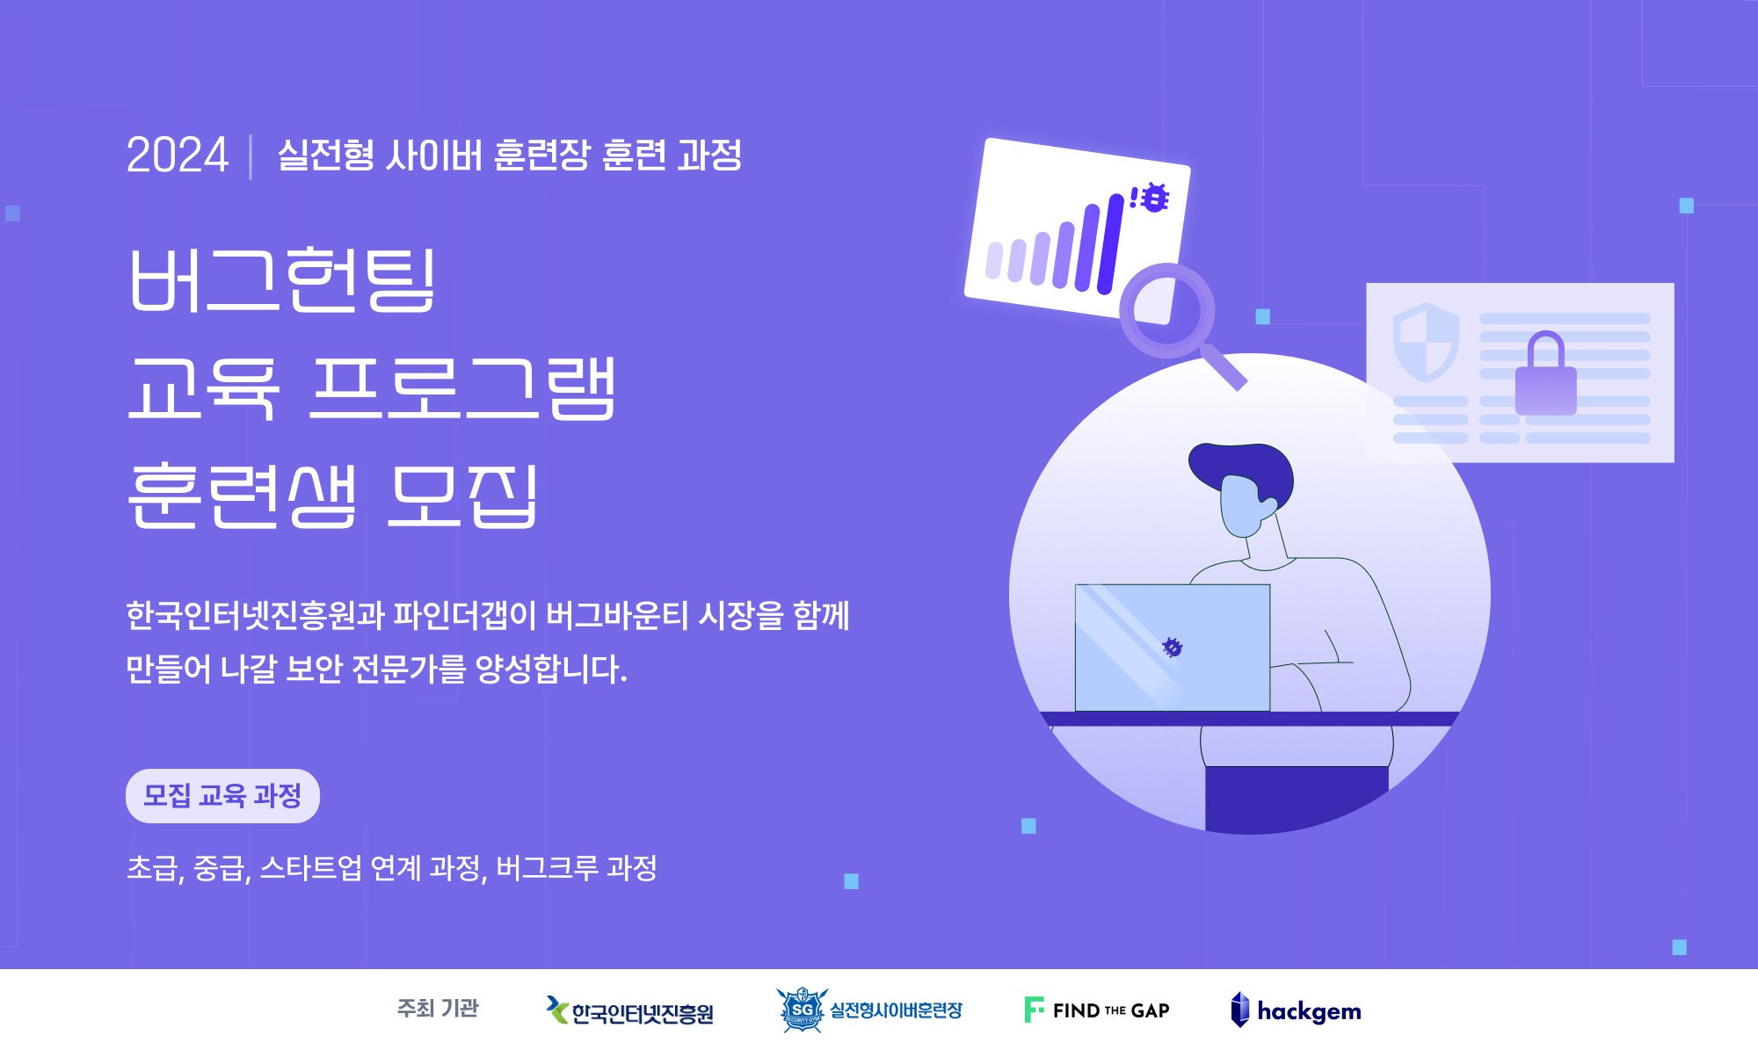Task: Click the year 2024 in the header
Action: (x=178, y=156)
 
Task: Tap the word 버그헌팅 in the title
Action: (x=282, y=279)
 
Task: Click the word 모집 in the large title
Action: (x=463, y=496)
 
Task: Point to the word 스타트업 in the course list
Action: (x=310, y=868)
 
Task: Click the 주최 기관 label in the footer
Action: (x=438, y=1008)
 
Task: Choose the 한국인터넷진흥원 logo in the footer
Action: (x=629, y=1011)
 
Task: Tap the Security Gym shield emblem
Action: (x=802, y=1010)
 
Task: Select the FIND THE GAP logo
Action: (x=1097, y=1010)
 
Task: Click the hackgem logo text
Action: (x=1309, y=1011)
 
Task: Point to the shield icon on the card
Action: (x=1426, y=342)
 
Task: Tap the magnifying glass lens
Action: (x=1167, y=310)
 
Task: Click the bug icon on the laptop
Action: (x=1172, y=648)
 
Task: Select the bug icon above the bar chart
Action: (x=1154, y=198)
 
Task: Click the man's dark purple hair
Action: (x=1242, y=473)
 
